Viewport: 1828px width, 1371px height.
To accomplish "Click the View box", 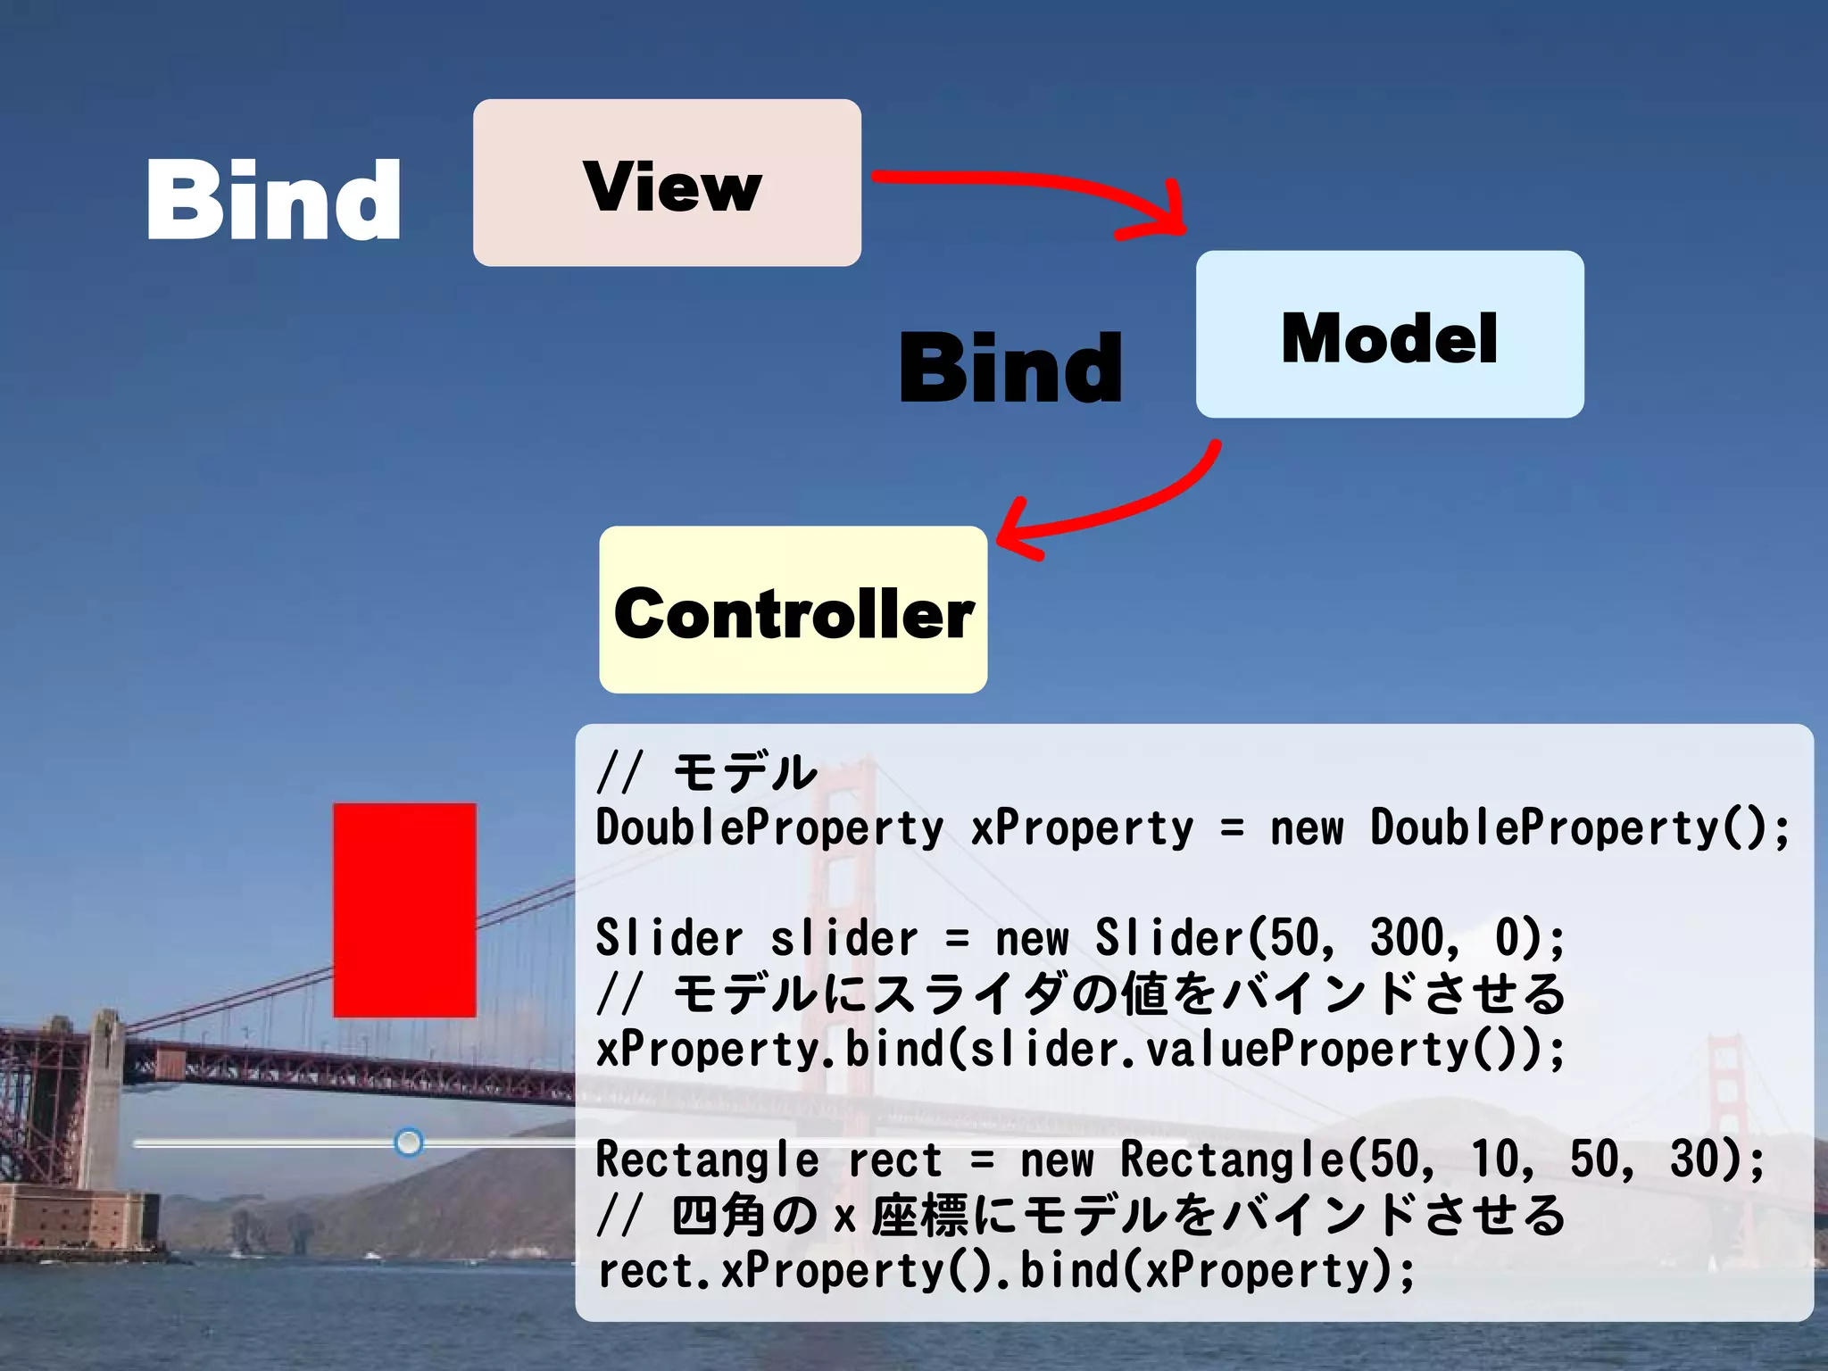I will click(667, 183).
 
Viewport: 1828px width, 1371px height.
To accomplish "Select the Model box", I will click(1390, 335).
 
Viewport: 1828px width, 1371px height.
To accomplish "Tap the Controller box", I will click(793, 611).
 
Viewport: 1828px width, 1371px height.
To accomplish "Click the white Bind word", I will click(273, 200).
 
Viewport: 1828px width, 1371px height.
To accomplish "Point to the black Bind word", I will click(1010, 367).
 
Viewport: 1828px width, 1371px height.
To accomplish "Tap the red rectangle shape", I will click(404, 910).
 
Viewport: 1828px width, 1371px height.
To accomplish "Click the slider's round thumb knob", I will click(409, 1142).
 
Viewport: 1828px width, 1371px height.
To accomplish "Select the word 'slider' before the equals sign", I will click(843, 938).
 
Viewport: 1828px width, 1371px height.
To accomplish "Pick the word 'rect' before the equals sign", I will click(894, 1160).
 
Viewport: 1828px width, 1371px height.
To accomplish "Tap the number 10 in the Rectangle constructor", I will click(1493, 1159).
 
